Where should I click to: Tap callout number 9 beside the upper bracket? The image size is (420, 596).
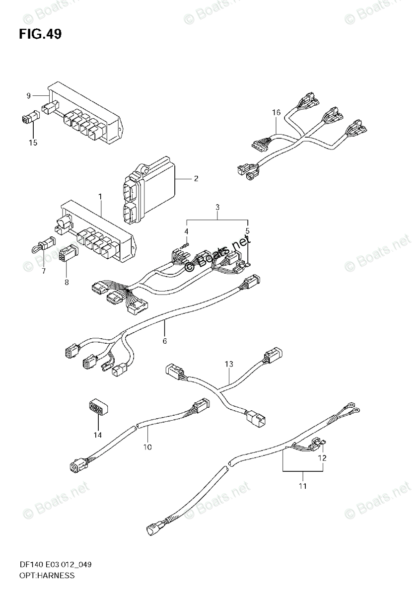[29, 95]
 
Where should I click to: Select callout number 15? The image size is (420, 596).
[33, 143]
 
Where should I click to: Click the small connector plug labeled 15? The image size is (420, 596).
[29, 118]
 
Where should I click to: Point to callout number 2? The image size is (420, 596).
[196, 178]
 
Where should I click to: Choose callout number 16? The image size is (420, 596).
[277, 113]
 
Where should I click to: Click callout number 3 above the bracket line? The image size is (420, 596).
[217, 207]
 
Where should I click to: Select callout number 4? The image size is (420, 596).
[187, 231]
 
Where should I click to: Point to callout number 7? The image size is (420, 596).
[43, 271]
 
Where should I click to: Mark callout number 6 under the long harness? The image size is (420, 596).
[164, 341]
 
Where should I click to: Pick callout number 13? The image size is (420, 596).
[228, 365]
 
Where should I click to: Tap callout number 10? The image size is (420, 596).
[147, 447]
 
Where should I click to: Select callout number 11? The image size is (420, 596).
[302, 486]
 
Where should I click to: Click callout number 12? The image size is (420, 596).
[322, 458]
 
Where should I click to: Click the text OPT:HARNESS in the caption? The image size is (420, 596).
[47, 576]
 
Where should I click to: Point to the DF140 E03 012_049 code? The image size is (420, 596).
[55, 565]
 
